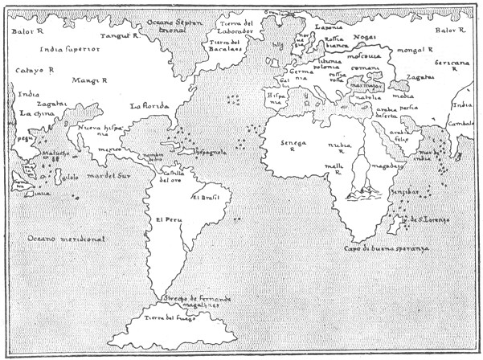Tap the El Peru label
[168, 221]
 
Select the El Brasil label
[213, 196]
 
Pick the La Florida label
[149, 105]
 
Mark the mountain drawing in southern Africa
[362, 191]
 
